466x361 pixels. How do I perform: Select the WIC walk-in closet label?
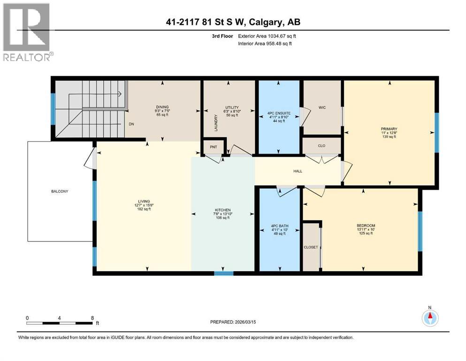[x=322, y=108]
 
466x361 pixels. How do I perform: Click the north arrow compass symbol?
[x=429, y=318]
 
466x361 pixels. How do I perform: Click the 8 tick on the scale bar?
[x=92, y=318]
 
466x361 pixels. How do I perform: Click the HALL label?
[x=298, y=171]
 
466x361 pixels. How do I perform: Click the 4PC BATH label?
[x=280, y=226]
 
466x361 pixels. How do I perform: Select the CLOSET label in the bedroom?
[x=311, y=247]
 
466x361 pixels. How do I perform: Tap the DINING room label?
[x=162, y=107]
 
